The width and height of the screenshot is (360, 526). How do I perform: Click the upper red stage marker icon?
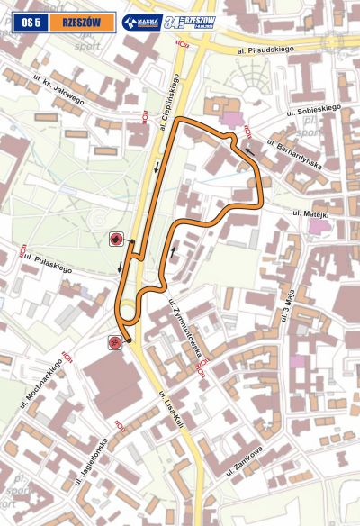115,239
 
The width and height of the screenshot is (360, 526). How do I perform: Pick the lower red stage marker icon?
114,341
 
